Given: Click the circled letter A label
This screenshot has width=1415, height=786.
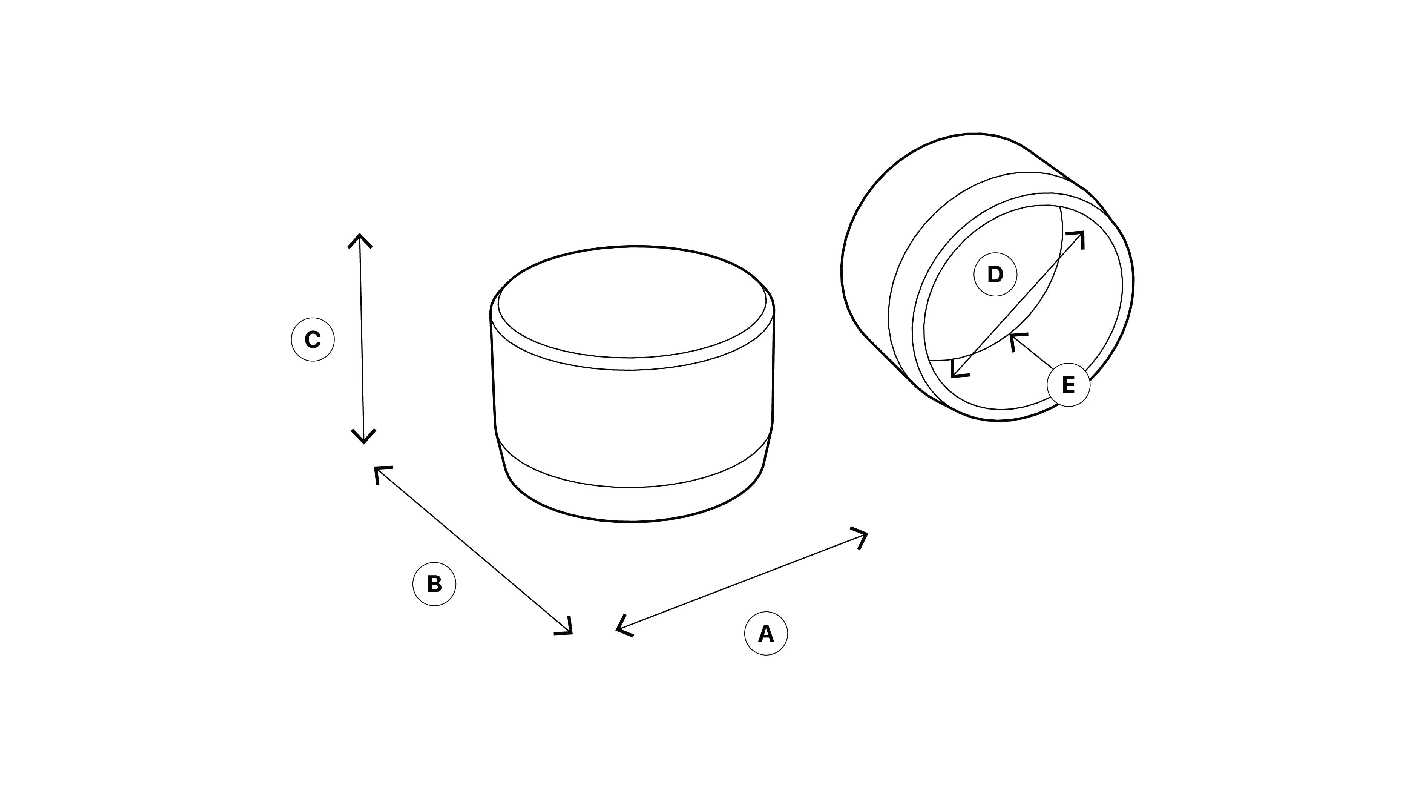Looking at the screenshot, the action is [766, 633].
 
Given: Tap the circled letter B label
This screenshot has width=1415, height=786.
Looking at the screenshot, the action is [434, 584].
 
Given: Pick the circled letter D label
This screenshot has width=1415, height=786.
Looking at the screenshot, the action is [995, 274].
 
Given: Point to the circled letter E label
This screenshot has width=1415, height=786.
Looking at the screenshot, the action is [1069, 385].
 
